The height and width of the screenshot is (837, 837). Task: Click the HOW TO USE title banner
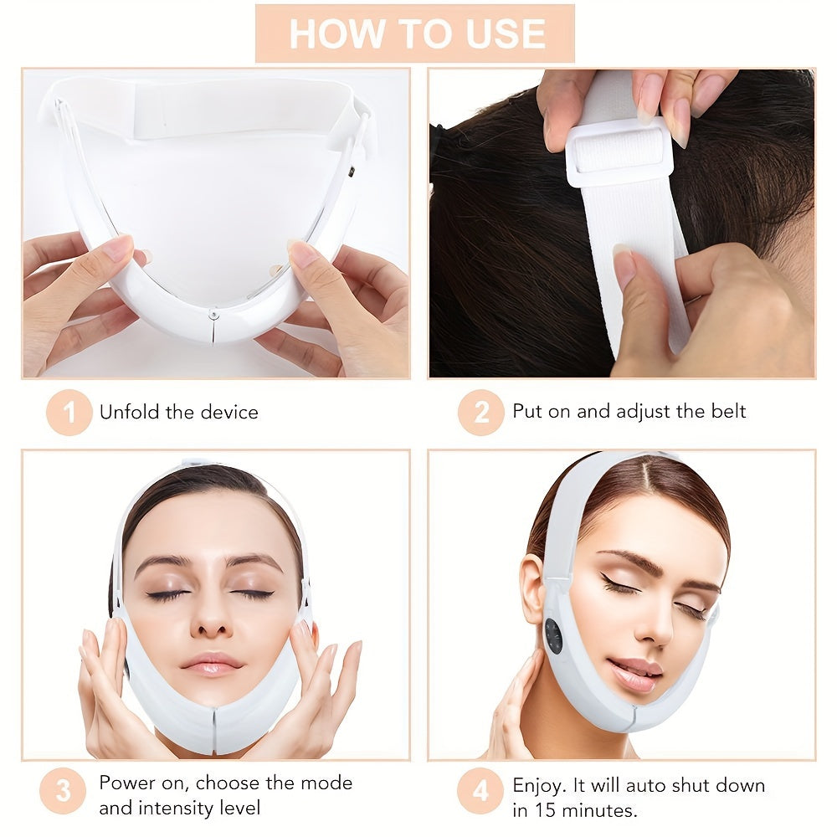coord(415,33)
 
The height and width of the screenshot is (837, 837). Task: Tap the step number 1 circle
coord(69,413)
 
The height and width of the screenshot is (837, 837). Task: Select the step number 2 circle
coord(480,413)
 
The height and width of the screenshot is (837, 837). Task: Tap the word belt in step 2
coord(726,411)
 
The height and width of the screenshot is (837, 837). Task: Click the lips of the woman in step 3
coord(210,664)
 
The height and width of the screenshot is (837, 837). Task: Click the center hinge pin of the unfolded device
coord(215,314)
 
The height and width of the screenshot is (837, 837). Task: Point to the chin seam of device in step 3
coord(213,727)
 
